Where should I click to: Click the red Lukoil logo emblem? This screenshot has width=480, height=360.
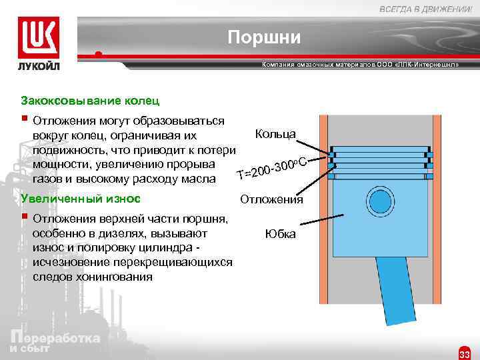(x=39, y=39)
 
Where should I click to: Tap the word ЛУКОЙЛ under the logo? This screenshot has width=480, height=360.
(x=39, y=67)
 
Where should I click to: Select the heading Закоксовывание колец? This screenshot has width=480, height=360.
(x=91, y=101)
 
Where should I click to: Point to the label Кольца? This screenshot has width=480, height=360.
(x=275, y=134)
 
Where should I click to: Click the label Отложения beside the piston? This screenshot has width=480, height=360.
(x=271, y=199)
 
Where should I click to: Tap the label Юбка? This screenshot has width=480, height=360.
(x=280, y=234)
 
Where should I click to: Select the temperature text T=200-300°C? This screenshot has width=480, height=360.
(x=271, y=168)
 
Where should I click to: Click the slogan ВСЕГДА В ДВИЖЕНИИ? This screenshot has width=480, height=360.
(x=427, y=8)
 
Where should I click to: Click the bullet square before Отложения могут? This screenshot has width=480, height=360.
(x=24, y=120)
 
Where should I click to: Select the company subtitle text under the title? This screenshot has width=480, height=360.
(x=360, y=68)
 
